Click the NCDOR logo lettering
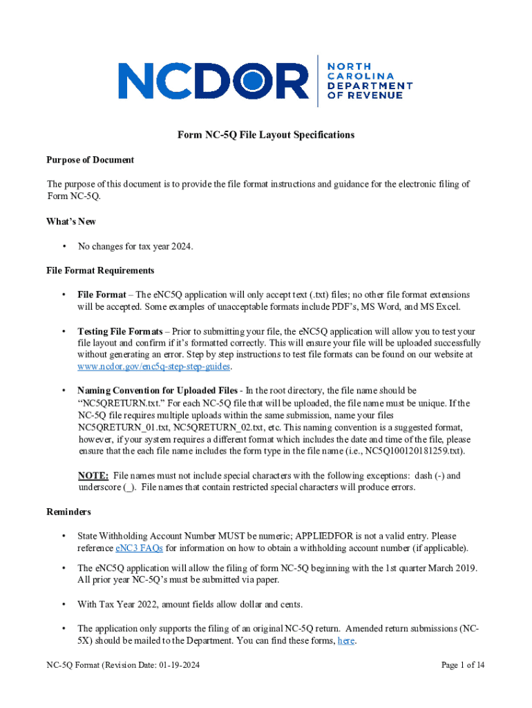[x=213, y=80]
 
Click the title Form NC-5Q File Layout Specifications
[x=266, y=135]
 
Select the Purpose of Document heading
[x=90, y=160]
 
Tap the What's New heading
[x=71, y=221]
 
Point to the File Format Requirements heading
[x=100, y=270]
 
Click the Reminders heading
[x=68, y=512]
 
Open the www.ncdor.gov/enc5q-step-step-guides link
[x=153, y=366]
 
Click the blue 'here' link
[x=345, y=641]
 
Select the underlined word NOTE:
[x=93, y=476]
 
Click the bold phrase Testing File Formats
[x=120, y=331]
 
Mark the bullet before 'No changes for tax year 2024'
[x=64, y=246]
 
